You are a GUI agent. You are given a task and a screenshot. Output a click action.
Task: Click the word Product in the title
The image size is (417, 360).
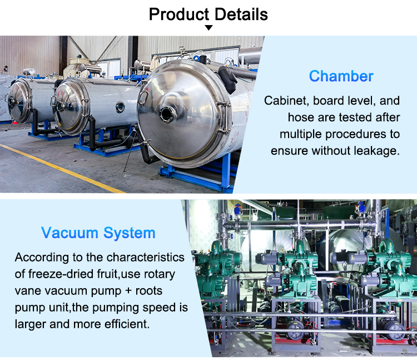[x=177, y=13]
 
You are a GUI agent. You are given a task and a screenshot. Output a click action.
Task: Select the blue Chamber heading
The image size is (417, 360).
[x=341, y=76]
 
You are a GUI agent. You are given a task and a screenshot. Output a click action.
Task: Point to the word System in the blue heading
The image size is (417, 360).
[x=130, y=233]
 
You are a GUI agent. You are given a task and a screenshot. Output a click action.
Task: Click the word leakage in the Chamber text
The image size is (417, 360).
[x=376, y=151]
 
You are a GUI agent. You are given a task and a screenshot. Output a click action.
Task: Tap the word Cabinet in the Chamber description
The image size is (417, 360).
[x=286, y=101]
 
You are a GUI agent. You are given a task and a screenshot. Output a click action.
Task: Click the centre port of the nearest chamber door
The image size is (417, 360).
[x=167, y=114]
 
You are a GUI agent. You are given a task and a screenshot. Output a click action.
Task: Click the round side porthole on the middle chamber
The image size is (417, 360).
[x=120, y=106]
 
